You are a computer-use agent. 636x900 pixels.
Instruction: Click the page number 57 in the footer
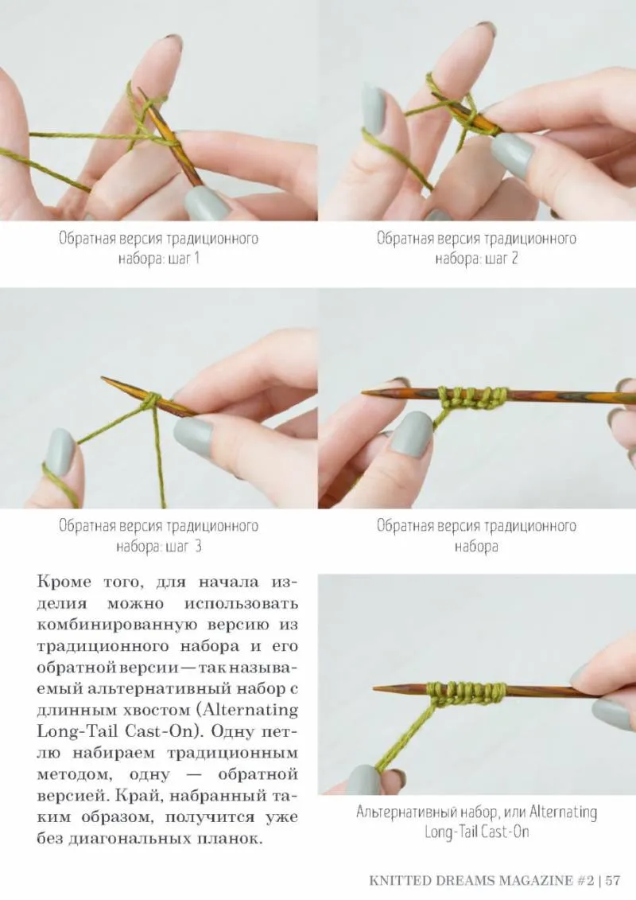612,880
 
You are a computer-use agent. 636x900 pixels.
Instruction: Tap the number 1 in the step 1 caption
196,259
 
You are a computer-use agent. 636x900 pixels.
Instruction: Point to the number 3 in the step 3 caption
198,546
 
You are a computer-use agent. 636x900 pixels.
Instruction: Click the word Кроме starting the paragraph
64,582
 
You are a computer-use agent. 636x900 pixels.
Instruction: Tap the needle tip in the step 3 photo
103,378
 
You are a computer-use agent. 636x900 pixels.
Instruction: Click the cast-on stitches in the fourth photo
474,398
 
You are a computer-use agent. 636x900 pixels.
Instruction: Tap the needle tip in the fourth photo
365,392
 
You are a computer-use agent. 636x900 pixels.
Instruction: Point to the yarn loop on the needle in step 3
150,400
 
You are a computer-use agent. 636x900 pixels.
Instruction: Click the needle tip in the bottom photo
376,687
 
